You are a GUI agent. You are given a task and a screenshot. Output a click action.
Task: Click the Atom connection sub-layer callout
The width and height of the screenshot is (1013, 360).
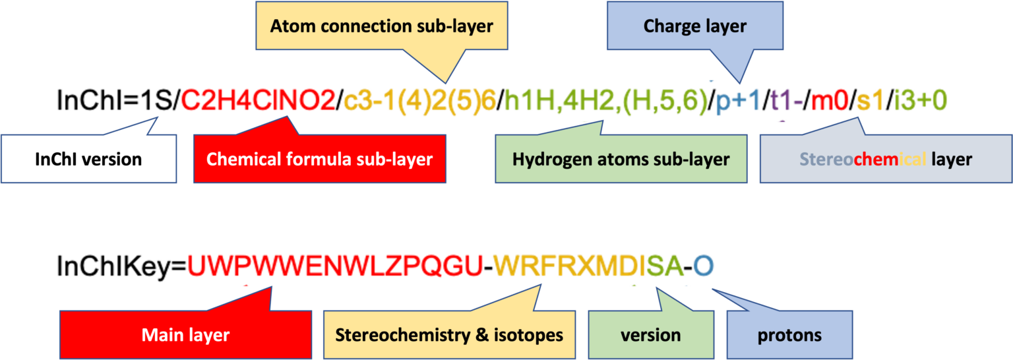click(381, 26)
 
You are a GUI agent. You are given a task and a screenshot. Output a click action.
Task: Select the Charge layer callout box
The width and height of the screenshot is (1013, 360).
click(694, 26)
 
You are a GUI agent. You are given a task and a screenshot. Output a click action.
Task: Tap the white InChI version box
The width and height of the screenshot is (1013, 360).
click(88, 159)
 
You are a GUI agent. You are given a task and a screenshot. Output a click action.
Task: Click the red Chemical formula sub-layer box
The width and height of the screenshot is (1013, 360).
click(319, 159)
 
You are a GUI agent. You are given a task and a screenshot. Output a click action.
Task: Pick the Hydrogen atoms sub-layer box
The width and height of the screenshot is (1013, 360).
click(621, 159)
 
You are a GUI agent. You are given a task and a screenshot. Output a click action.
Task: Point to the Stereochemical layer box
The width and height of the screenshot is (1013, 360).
click(885, 159)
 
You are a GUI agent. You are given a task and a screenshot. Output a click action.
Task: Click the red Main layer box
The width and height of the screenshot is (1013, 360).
click(185, 334)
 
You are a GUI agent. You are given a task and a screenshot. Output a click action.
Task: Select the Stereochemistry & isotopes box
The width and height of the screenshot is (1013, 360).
click(449, 334)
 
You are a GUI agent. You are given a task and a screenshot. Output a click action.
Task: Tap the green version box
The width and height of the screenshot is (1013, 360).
click(650, 334)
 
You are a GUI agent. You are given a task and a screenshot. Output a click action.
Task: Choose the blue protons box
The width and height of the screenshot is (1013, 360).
click(789, 334)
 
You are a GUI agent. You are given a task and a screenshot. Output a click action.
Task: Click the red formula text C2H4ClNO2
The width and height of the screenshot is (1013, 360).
click(258, 101)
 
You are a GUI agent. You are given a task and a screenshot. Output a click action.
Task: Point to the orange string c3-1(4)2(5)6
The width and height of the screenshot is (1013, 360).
click(419, 101)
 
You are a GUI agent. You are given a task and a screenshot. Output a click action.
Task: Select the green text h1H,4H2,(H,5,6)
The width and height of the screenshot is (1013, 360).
click(605, 101)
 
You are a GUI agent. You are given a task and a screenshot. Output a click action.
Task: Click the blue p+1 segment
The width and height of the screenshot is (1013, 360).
click(738, 101)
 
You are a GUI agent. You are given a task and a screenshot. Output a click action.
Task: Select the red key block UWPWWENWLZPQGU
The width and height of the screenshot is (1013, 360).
click(336, 266)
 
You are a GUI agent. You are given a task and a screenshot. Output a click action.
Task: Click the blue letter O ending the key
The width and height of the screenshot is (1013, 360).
click(704, 266)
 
